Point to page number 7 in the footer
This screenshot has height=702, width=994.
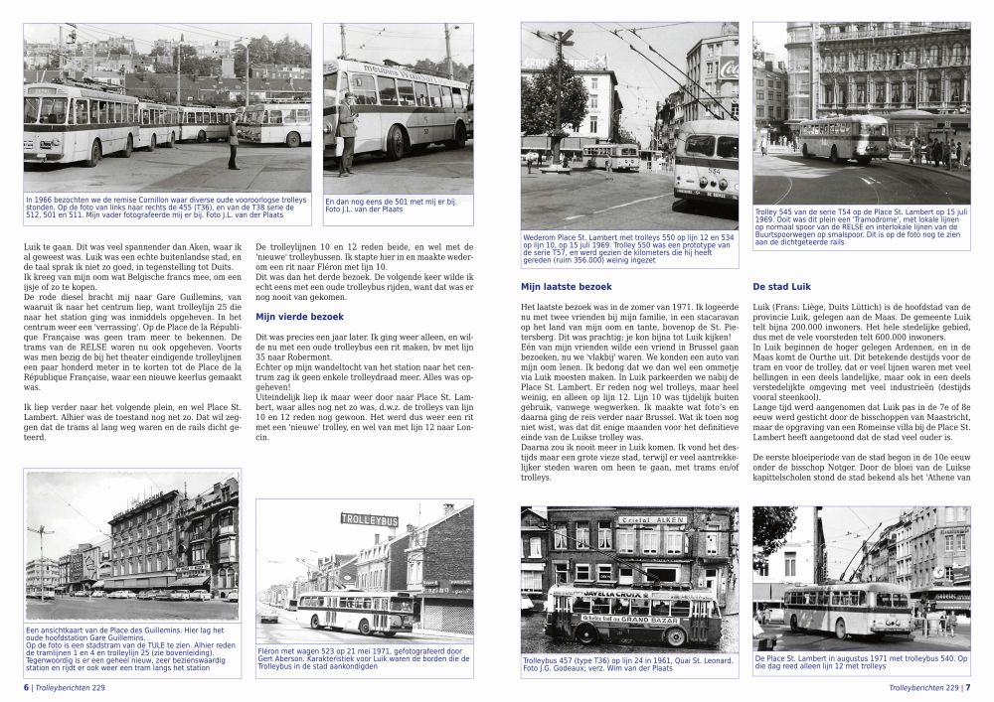968,686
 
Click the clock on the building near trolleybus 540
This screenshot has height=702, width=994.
937,572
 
